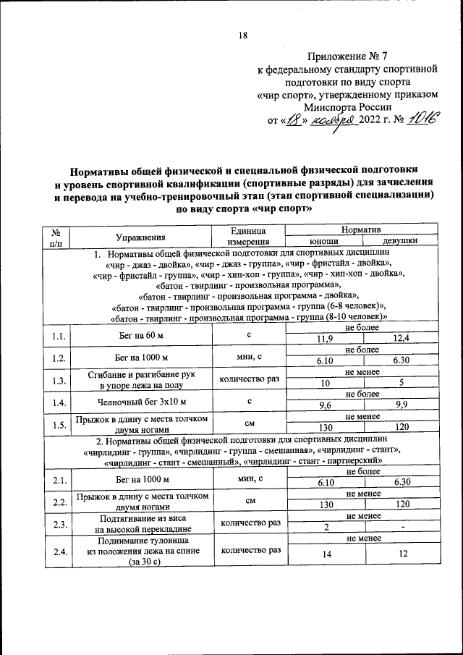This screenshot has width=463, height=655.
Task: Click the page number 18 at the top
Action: [x=243, y=36]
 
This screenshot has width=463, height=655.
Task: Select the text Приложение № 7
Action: [x=348, y=56]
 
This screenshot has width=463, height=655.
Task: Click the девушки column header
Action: [x=400, y=242]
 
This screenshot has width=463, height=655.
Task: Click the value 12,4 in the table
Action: [x=400, y=339]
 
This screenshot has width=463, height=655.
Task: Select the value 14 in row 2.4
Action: [x=326, y=554]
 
